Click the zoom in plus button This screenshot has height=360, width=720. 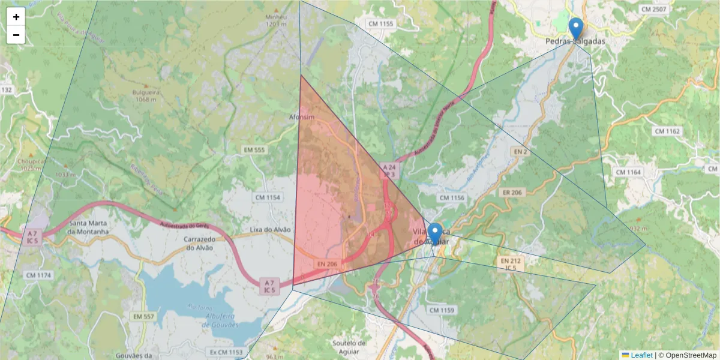pyautogui.click(x=16, y=17)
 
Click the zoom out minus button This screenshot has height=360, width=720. pyautogui.click(x=16, y=35)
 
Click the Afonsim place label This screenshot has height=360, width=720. pyautogui.click(x=302, y=118)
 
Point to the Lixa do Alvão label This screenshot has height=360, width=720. pyautogui.click(x=270, y=230)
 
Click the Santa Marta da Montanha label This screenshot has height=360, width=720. pyautogui.click(x=88, y=227)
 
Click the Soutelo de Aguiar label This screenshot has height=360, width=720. pyautogui.click(x=349, y=347)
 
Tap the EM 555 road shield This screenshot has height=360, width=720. pyautogui.click(x=254, y=149)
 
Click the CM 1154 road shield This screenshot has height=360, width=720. pyautogui.click(x=268, y=197)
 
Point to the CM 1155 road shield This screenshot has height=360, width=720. pyautogui.click(x=381, y=24)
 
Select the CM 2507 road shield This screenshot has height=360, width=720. pyautogui.click(x=653, y=10)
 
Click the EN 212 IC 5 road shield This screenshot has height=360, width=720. pyautogui.click(x=511, y=263)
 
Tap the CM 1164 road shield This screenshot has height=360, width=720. pyautogui.click(x=628, y=172)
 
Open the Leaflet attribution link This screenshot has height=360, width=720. pyautogui.click(x=641, y=355)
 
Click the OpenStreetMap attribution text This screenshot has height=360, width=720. pyautogui.click(x=691, y=355)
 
